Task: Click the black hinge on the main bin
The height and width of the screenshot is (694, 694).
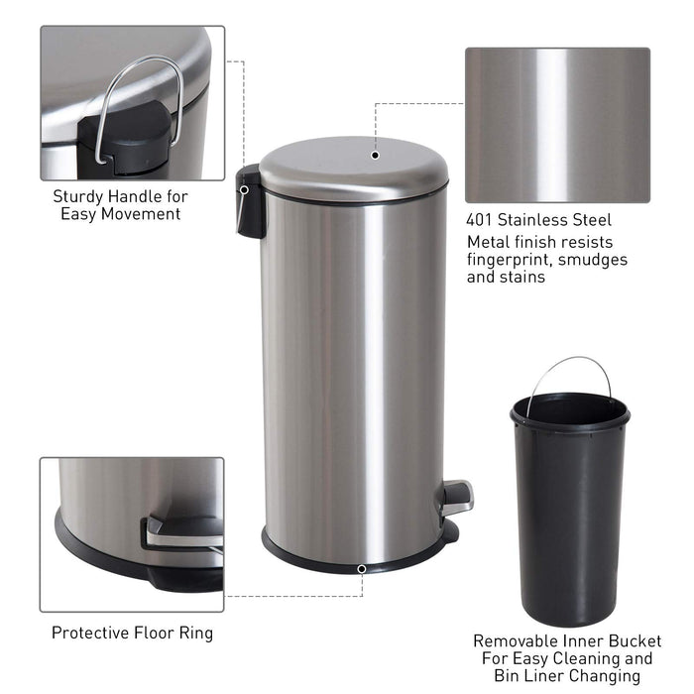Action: click(x=251, y=201)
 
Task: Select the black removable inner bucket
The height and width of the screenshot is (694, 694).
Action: click(x=569, y=506)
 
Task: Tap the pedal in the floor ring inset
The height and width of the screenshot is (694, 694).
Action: click(x=184, y=530)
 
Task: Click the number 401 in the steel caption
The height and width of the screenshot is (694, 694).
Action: click(x=483, y=220)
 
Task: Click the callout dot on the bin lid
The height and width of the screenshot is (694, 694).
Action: click(x=376, y=154)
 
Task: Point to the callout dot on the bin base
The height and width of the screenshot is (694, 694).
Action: click(x=362, y=569)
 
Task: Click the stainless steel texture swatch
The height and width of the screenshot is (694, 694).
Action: click(x=557, y=125)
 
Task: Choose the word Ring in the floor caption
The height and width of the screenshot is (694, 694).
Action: click(x=196, y=633)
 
